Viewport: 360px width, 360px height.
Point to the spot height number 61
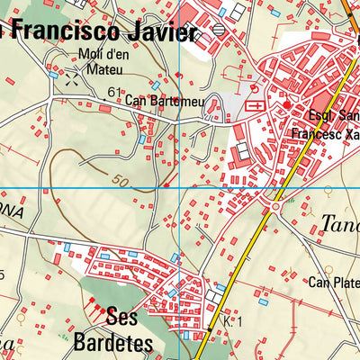[x=113, y=92]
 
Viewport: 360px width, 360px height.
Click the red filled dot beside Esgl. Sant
[x=287, y=105]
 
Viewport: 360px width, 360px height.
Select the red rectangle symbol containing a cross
[x=254, y=105]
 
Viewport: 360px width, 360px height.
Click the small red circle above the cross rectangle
[x=254, y=89]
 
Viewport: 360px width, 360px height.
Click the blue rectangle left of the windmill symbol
[x=54, y=75]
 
